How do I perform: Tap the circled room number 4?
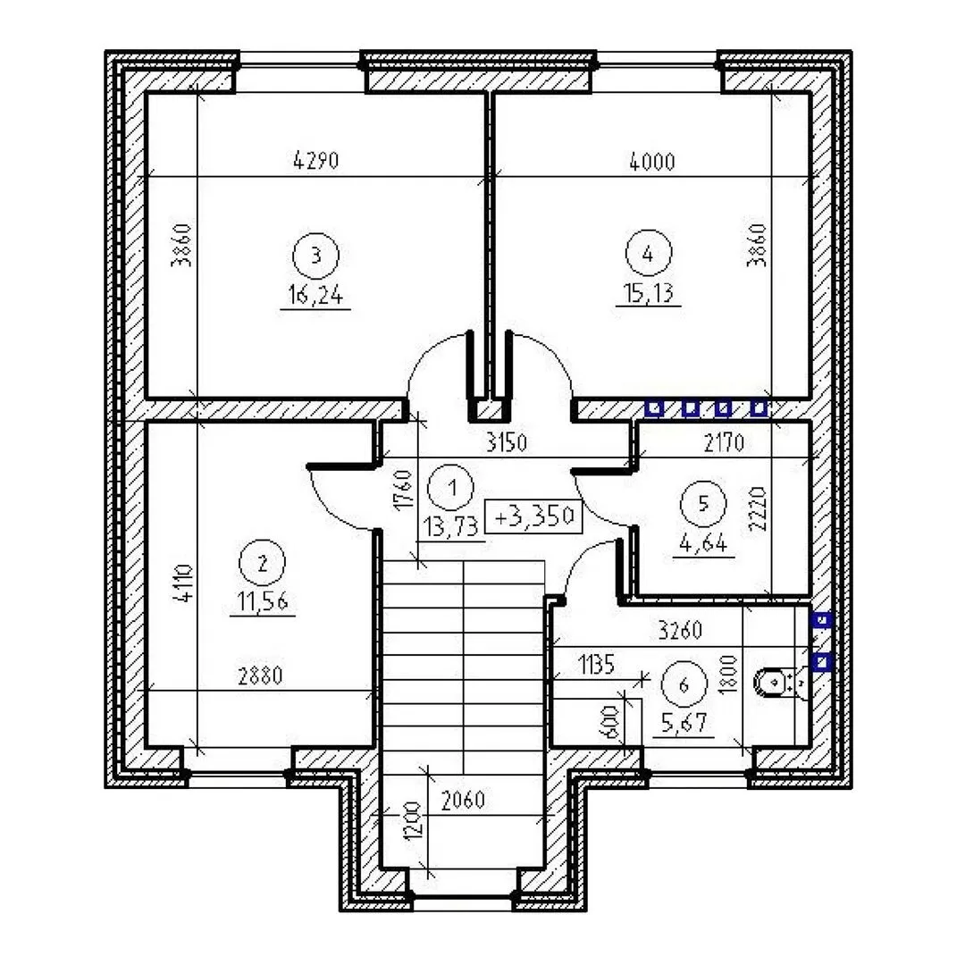[648, 253]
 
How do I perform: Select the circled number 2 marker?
[263, 563]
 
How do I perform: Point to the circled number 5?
[703, 504]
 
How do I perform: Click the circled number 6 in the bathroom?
[684, 684]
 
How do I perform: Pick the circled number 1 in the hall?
[452, 488]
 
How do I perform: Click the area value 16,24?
[315, 296]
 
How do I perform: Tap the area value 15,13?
[648, 293]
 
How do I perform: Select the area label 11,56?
[263, 601]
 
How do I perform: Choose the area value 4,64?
[703, 544]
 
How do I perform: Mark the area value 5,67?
[684, 723]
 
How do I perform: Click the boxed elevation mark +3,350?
[533, 516]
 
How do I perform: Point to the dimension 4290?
[315, 161]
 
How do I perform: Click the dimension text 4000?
[652, 162]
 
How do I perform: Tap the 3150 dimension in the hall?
[507, 443]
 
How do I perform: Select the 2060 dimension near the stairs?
[464, 800]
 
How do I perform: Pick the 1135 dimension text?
[596, 665]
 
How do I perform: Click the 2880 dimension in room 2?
[260, 675]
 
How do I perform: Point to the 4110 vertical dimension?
[184, 583]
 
